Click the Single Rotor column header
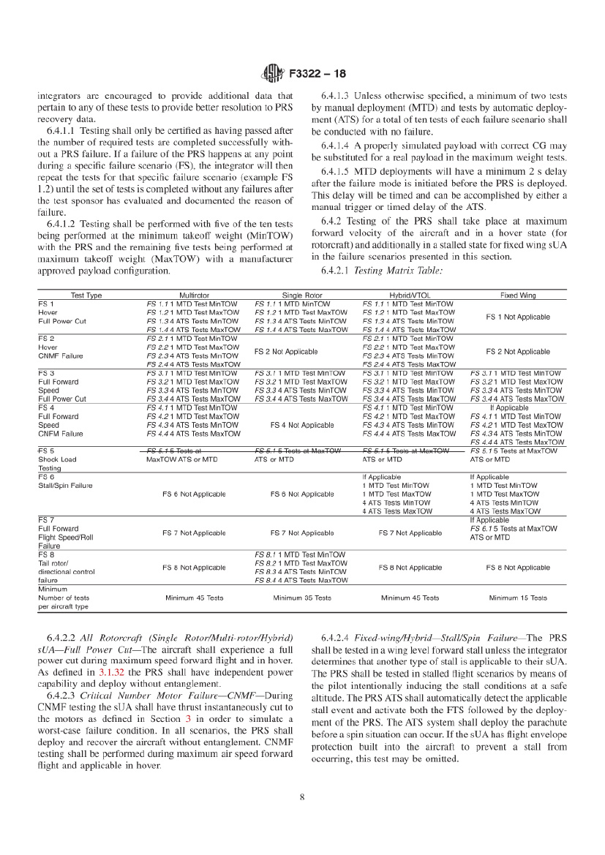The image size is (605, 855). coord(302,295)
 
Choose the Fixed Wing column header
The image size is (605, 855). coord(517,295)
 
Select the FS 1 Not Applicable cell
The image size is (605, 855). coord(517,317)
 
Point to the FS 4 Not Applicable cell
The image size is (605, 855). coord(302,425)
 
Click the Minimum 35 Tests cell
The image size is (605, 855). coord(302,598)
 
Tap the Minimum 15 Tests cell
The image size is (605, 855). coord(517,598)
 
